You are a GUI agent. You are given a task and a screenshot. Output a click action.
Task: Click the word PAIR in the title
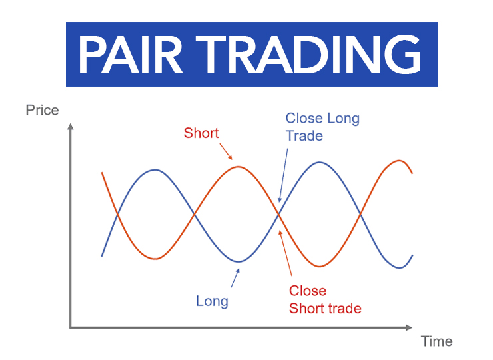130,55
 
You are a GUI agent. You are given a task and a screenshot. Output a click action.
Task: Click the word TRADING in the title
308,55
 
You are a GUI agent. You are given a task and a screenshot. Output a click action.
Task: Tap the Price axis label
42,110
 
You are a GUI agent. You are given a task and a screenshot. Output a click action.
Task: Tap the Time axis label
437,341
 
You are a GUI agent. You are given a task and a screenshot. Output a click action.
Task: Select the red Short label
201,133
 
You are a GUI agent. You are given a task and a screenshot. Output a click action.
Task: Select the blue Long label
213,301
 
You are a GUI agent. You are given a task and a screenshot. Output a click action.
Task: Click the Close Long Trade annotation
322,127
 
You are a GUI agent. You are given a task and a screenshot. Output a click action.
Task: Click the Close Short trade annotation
325,299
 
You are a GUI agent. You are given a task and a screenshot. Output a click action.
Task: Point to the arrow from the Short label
226,152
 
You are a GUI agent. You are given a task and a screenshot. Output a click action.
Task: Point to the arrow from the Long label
235,278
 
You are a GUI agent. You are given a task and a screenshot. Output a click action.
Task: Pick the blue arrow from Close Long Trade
283,175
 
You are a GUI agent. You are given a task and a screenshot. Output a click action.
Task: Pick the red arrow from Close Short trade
286,253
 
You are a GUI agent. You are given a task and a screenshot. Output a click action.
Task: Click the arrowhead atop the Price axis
71,126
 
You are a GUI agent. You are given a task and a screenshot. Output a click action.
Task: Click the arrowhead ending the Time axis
409,327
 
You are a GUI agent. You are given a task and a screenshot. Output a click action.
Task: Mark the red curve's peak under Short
239,167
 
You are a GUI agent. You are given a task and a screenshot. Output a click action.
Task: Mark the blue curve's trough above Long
239,262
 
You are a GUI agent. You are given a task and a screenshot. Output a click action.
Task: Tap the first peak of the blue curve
155,170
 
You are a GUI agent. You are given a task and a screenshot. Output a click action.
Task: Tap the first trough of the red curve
155,259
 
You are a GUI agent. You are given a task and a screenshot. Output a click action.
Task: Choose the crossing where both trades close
278,214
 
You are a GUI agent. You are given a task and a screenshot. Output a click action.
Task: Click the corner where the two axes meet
71,327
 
